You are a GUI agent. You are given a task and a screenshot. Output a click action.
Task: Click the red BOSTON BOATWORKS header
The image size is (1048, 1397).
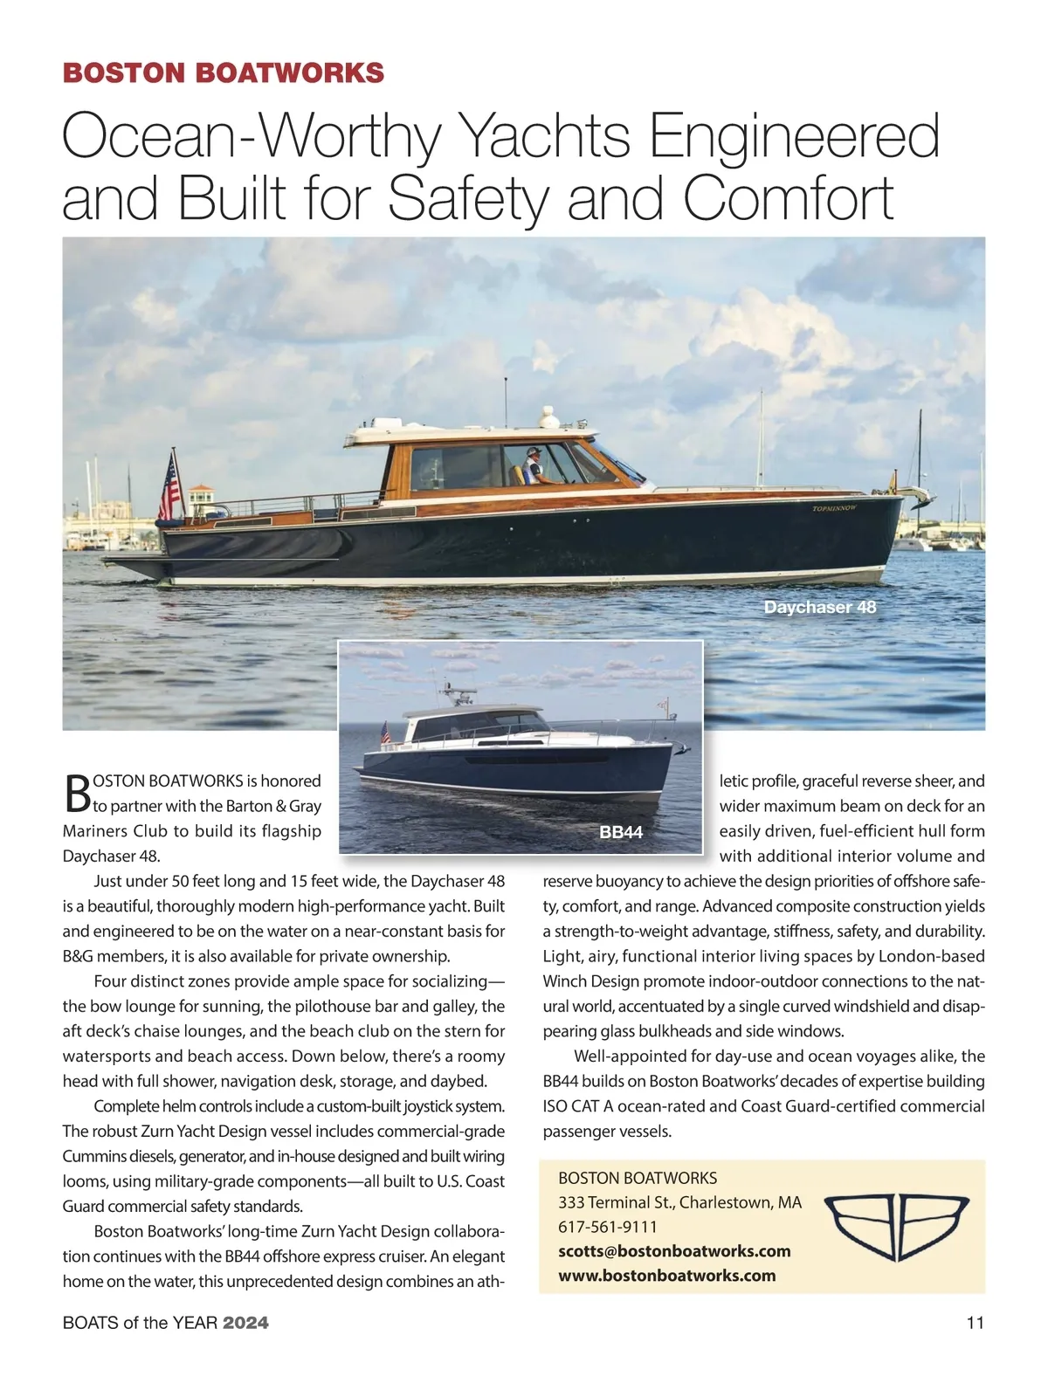coord(224,72)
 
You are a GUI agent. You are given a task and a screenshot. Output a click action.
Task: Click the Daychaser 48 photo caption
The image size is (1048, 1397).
coord(819,607)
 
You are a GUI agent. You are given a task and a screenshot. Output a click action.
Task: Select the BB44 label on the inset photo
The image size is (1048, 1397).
coord(621,832)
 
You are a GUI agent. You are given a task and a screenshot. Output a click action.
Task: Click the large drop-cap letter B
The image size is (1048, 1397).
coord(77,792)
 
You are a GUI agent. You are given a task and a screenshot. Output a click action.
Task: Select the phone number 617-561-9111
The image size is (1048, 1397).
coord(608,1227)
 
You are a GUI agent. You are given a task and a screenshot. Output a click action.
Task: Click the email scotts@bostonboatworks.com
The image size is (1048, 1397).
coord(674,1251)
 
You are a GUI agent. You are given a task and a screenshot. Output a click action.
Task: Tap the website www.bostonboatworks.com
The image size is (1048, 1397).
coord(667,1276)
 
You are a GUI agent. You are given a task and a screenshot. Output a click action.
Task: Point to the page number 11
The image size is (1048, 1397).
coord(975,1323)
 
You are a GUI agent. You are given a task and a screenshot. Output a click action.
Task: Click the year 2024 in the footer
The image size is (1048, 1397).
coord(245,1323)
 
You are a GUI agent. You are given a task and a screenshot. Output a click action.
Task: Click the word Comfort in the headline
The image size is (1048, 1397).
coord(789,198)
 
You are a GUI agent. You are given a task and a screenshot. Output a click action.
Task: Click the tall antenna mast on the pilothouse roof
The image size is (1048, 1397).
coord(506,402)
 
